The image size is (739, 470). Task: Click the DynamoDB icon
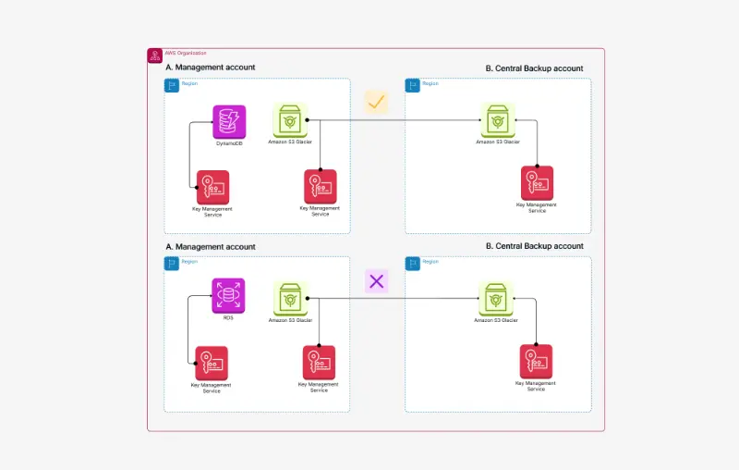(x=229, y=121)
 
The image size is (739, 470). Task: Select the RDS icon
(x=228, y=295)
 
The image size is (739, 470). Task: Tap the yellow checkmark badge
(x=376, y=102)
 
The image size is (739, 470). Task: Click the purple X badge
(x=376, y=280)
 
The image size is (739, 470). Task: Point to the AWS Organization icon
(x=154, y=56)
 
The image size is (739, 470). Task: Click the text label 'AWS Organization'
(x=186, y=53)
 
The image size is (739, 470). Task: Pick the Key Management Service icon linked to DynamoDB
(x=212, y=187)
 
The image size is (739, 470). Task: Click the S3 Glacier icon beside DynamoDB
(x=290, y=121)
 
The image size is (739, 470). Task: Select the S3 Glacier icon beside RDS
(x=290, y=299)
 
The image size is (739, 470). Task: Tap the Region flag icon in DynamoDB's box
(x=172, y=85)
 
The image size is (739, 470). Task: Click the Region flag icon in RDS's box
(x=172, y=264)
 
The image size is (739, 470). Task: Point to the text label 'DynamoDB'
(x=229, y=143)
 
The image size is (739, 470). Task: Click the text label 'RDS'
(x=228, y=317)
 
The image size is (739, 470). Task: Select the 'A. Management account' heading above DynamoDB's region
(x=210, y=68)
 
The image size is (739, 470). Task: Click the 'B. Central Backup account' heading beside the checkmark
(x=534, y=68)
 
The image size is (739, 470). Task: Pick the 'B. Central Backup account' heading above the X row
(x=534, y=246)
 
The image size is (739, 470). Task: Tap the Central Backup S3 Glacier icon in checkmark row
(x=497, y=120)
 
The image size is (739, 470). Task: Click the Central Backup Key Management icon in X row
(x=536, y=361)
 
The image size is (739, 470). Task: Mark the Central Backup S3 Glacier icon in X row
(x=496, y=299)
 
